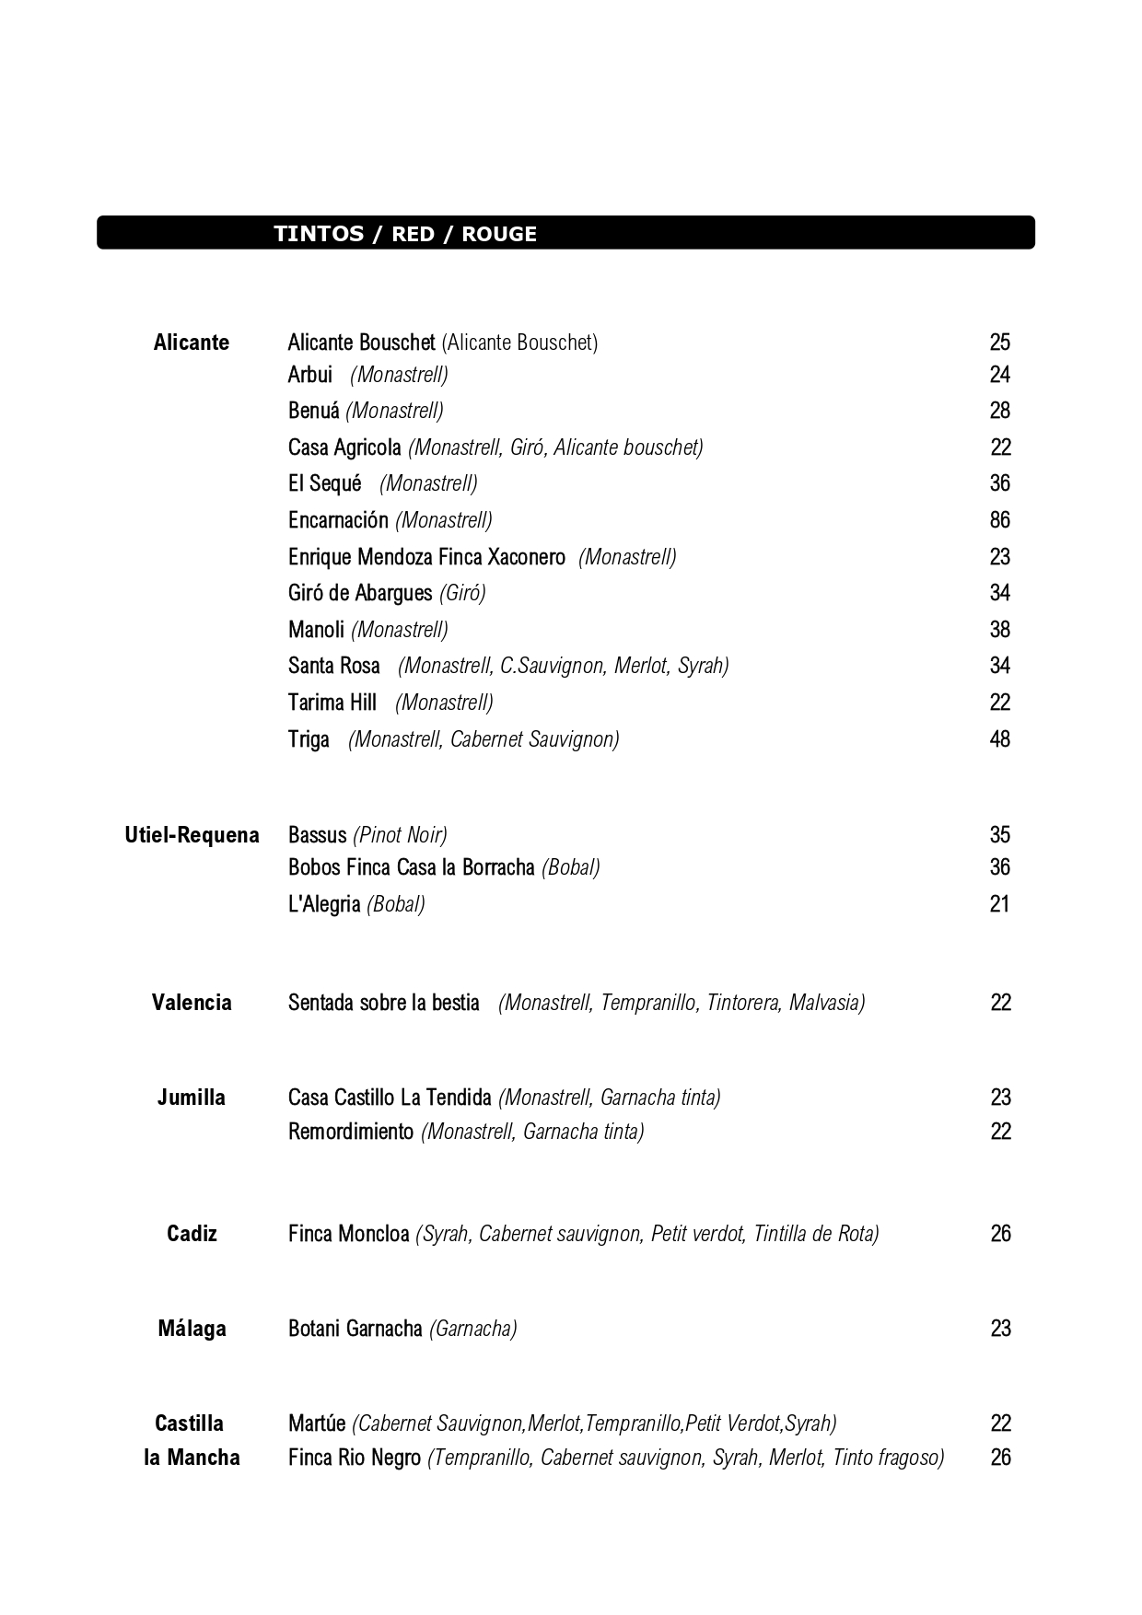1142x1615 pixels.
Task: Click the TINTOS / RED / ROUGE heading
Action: (405, 234)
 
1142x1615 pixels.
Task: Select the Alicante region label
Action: (192, 343)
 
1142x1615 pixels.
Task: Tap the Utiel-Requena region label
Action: (192, 835)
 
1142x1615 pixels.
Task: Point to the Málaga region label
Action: (192, 1329)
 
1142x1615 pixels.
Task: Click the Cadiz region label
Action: (192, 1234)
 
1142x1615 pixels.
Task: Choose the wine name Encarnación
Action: (338, 520)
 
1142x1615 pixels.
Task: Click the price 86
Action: (1000, 520)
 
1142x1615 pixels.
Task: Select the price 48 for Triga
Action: (1000, 739)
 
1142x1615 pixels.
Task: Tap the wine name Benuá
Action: (313, 411)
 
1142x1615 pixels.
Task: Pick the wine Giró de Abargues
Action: (360, 593)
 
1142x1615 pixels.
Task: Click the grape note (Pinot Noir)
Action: (400, 835)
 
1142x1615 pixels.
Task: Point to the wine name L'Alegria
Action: (324, 904)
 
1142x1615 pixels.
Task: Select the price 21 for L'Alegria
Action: (1000, 904)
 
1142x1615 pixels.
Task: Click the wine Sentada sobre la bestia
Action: (384, 1003)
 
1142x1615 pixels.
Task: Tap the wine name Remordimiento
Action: (351, 1132)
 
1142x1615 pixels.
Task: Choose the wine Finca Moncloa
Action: (348, 1234)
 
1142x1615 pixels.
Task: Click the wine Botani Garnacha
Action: (355, 1329)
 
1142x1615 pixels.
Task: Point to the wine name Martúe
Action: (317, 1423)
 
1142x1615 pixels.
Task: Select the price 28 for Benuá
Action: (1000, 411)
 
